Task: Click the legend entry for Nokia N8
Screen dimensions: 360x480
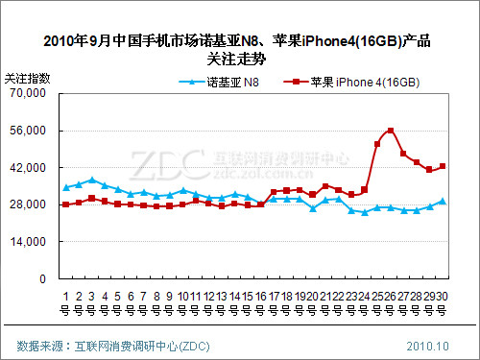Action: pos(220,82)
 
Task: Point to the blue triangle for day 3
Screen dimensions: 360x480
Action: pos(91,180)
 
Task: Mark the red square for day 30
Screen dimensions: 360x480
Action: pos(443,166)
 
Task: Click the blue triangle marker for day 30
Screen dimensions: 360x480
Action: pos(443,201)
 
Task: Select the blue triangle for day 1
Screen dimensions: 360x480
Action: pos(65,187)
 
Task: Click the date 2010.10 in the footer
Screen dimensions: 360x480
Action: pos(427,345)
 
